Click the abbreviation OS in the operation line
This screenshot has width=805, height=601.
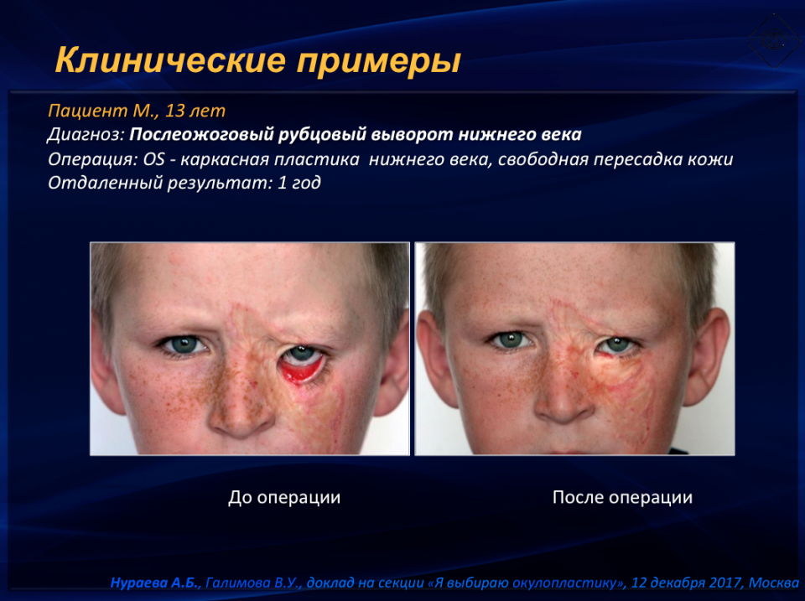[153, 159]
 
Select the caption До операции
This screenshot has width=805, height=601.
[284, 497]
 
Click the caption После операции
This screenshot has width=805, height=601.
[622, 497]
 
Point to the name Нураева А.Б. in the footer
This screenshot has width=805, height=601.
[154, 583]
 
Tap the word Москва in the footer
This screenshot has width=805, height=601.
[773, 583]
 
